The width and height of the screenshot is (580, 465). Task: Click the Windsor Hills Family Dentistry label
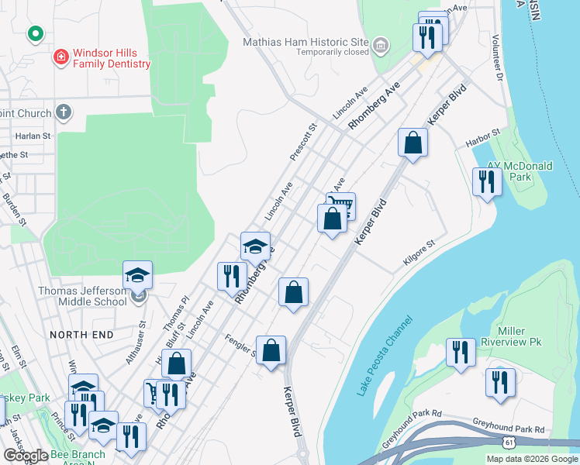click(111, 59)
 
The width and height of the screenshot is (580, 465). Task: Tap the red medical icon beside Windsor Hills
click(60, 57)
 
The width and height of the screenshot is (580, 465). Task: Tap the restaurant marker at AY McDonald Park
click(486, 182)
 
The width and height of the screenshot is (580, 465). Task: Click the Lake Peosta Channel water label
click(385, 355)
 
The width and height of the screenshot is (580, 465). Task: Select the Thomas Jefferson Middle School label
click(82, 296)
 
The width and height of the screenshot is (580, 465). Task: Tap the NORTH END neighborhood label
click(81, 335)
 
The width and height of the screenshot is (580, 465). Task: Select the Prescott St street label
click(303, 142)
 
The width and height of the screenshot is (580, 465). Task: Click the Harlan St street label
click(33, 135)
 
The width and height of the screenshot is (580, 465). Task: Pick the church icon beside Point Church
click(64, 113)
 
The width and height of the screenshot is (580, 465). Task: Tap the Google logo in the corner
click(25, 456)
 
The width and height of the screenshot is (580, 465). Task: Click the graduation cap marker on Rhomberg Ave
click(255, 247)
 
